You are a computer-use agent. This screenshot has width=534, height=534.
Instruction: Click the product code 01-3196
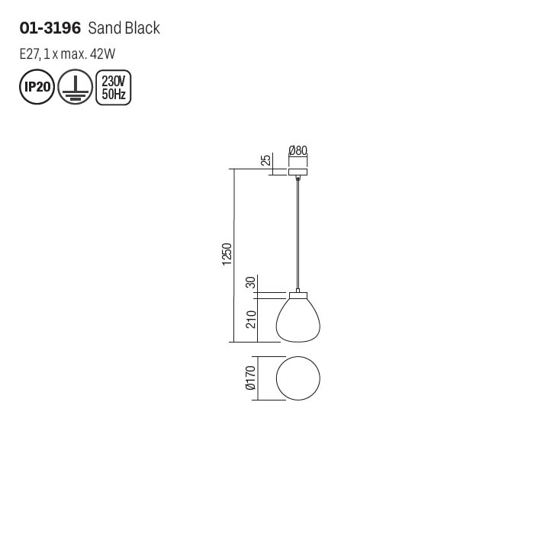[x=50, y=28]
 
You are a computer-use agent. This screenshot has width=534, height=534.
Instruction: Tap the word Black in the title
[x=141, y=28]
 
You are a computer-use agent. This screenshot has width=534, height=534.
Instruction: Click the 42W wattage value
[x=102, y=54]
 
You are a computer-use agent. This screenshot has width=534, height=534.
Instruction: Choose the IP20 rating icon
[x=37, y=87]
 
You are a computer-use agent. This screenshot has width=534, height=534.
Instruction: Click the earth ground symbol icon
[x=76, y=87]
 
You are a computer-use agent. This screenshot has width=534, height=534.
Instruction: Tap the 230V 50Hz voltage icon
[x=114, y=88]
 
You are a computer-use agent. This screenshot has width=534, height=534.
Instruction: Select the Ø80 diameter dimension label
[x=298, y=150]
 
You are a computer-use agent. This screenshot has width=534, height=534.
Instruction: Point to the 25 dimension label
[x=266, y=159]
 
